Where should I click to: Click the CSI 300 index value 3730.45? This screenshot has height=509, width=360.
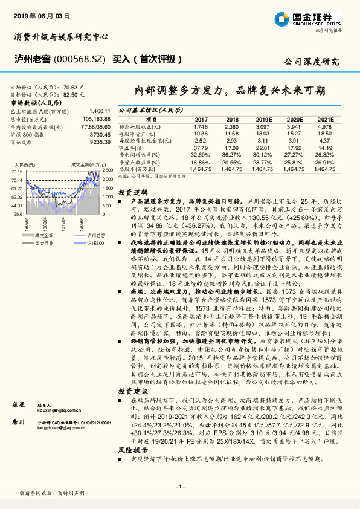(x=99, y=134)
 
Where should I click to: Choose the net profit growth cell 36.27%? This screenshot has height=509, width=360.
(x=231, y=154)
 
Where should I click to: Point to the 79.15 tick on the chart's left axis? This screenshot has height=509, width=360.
(x=17, y=172)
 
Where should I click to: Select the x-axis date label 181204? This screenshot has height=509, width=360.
(x=62, y=223)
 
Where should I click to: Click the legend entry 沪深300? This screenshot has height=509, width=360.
(x=90, y=242)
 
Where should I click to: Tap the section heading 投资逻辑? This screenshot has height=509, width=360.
(x=130, y=192)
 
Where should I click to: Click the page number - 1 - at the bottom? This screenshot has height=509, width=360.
(x=179, y=486)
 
